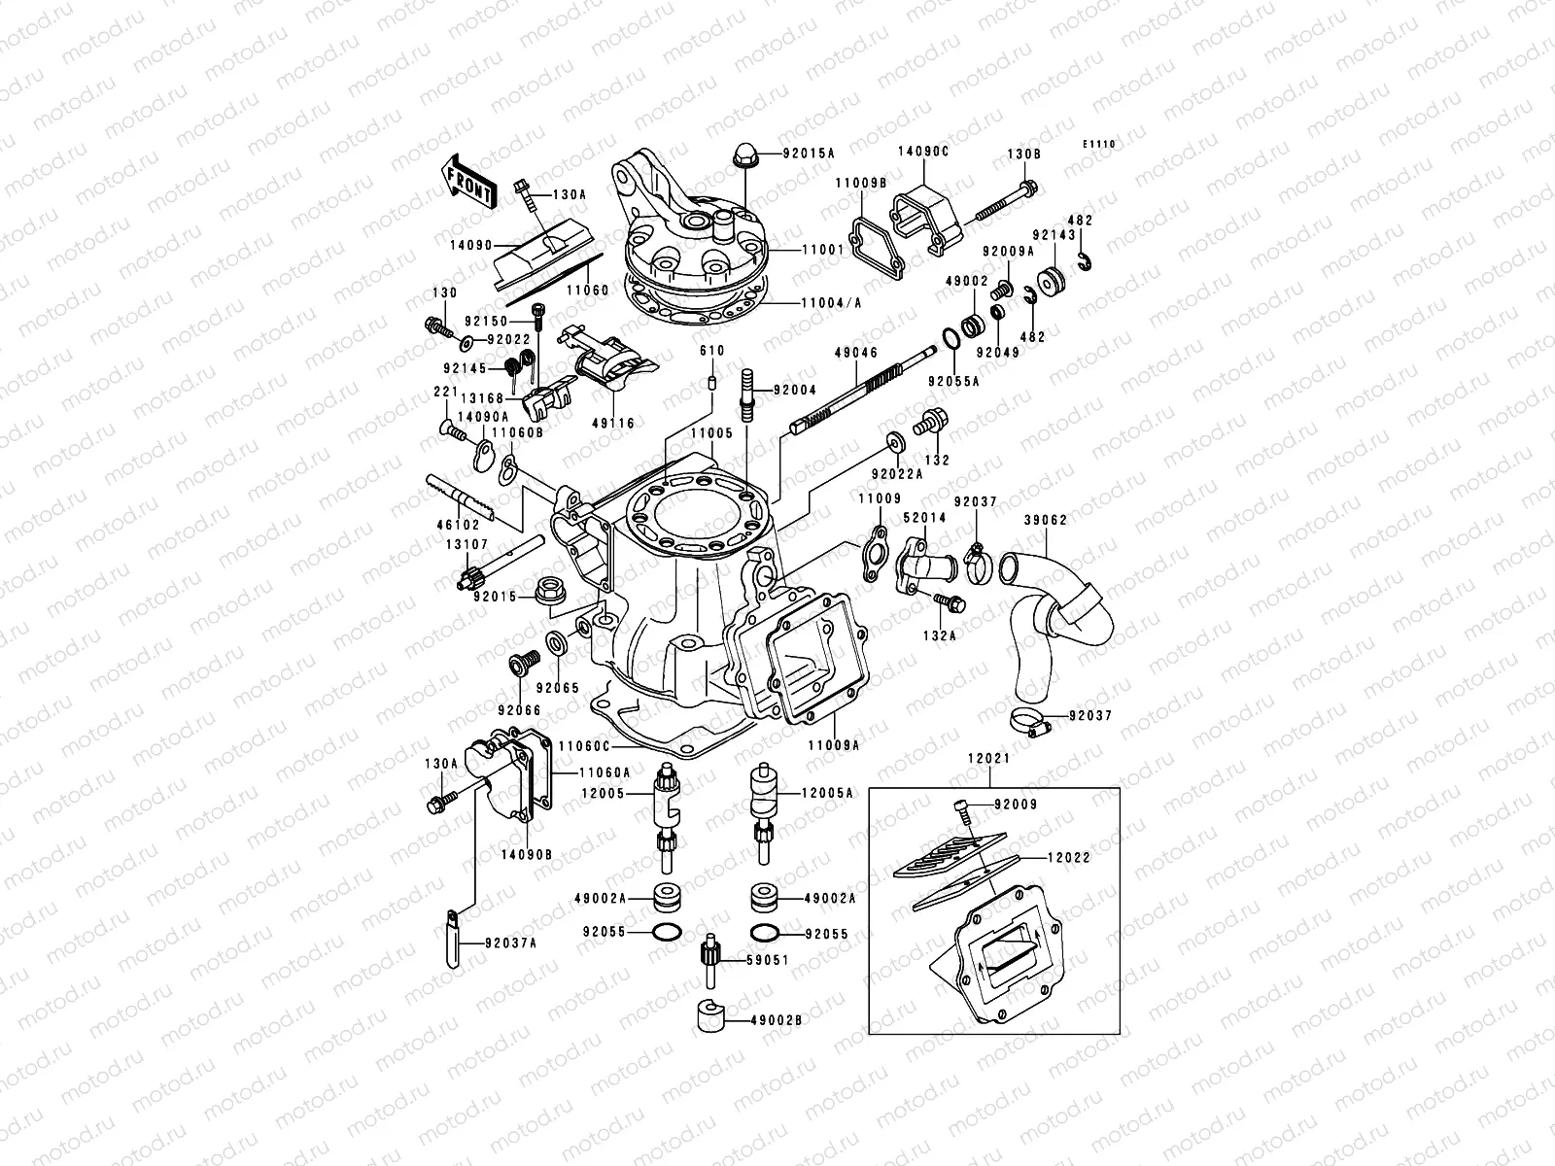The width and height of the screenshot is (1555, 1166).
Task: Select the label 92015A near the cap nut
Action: pyautogui.click(x=814, y=154)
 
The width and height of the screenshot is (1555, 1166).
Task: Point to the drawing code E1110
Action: pyautogui.click(x=1100, y=144)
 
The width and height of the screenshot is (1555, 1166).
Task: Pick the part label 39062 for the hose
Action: pyautogui.click(x=1046, y=520)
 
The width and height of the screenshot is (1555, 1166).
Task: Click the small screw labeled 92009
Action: pyautogui.click(x=961, y=806)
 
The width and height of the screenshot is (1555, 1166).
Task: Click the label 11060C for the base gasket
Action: pyautogui.click(x=583, y=746)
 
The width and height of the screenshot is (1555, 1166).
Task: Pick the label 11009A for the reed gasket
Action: pyautogui.click(x=834, y=746)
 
